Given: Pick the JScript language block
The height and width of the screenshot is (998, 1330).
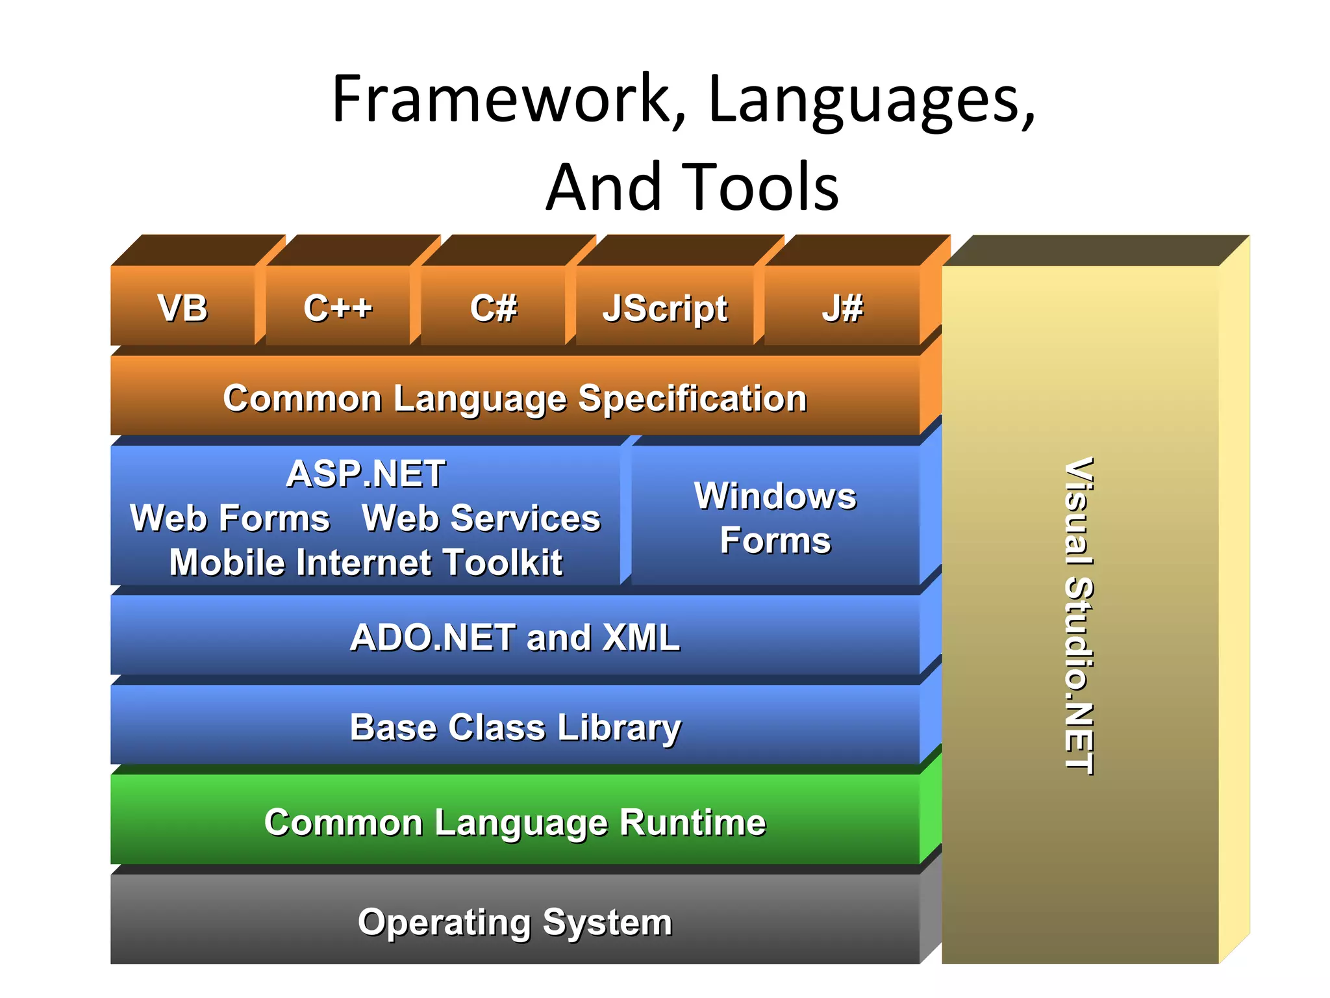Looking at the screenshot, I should [x=665, y=308].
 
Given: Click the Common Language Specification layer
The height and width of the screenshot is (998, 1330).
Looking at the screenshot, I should [x=515, y=398].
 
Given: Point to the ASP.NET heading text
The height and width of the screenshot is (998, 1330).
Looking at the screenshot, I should [x=366, y=473].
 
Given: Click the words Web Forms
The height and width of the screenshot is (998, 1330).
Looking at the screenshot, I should [x=230, y=518].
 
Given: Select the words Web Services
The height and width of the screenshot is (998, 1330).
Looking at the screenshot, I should [x=481, y=518].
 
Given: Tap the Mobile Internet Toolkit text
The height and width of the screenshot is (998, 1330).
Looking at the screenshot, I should [x=366, y=562].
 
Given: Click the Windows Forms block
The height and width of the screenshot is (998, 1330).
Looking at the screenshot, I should [x=775, y=518].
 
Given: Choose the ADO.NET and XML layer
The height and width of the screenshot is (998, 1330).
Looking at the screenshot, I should [x=515, y=637].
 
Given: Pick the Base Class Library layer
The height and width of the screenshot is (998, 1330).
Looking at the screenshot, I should [x=515, y=726].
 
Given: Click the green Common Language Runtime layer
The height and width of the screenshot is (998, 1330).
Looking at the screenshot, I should [x=515, y=822].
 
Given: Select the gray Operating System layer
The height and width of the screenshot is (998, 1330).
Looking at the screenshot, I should [x=515, y=921].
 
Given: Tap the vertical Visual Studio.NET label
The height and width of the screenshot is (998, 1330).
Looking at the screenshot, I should [x=1079, y=615].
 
